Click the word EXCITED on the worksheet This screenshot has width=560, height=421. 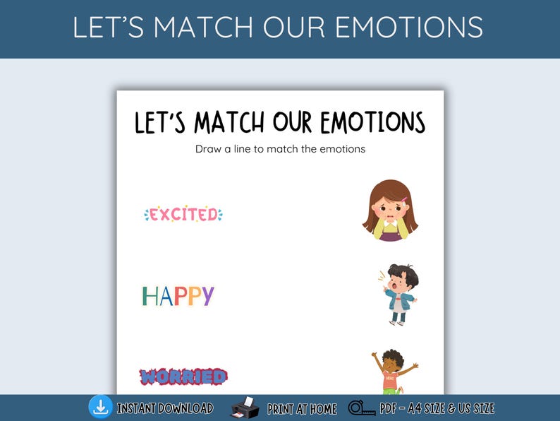tap(183, 214)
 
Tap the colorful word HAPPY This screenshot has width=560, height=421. tap(178, 296)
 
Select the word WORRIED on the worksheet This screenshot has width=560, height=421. tap(183, 376)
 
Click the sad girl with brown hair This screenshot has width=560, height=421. tap(390, 210)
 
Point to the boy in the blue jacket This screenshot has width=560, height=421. tap(398, 294)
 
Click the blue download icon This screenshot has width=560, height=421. tap(100, 407)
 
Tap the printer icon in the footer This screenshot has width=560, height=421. tap(243, 408)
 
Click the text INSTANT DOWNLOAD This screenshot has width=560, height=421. tap(165, 408)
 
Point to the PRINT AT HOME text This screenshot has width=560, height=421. tap(302, 408)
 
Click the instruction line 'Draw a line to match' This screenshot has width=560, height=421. tap(280, 149)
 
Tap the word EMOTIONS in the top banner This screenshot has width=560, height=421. tap(409, 27)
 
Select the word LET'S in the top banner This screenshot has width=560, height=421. tap(109, 27)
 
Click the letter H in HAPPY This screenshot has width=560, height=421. tap(149, 296)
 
